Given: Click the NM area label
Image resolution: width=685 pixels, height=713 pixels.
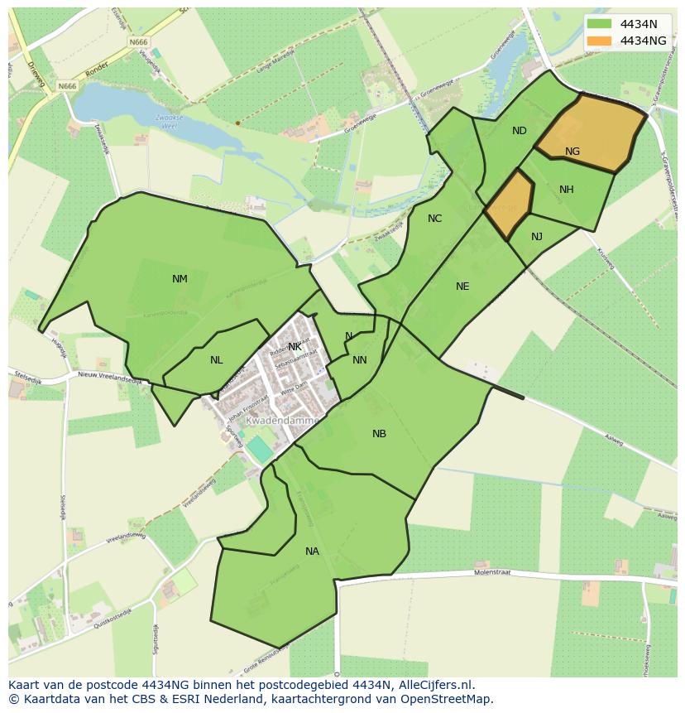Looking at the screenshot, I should click(x=180, y=279).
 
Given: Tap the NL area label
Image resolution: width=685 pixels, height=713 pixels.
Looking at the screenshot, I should click(x=216, y=360).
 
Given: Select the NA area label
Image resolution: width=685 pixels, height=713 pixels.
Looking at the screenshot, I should click(x=312, y=552).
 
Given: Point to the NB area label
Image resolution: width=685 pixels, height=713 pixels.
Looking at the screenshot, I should click(x=379, y=434).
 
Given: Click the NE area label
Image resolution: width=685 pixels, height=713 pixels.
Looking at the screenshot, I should click(x=462, y=287).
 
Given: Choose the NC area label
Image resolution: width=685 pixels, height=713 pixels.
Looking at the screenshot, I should click(x=434, y=219).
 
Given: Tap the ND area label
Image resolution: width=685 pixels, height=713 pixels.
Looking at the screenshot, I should click(x=519, y=131).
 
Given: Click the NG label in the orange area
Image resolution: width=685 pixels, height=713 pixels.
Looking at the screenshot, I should click(x=572, y=152).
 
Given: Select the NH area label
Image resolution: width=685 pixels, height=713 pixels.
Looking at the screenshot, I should click(x=566, y=190).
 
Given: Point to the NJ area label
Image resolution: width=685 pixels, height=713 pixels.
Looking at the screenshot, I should click(x=537, y=237).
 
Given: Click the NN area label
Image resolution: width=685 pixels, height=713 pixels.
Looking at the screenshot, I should click(x=359, y=360).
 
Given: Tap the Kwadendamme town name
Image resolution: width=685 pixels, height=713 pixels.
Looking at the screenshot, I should click(x=282, y=421).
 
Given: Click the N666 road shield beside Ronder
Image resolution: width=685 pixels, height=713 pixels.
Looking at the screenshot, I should click(x=67, y=85).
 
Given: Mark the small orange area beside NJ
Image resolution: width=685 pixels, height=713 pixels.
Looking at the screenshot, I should click(x=508, y=205).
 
